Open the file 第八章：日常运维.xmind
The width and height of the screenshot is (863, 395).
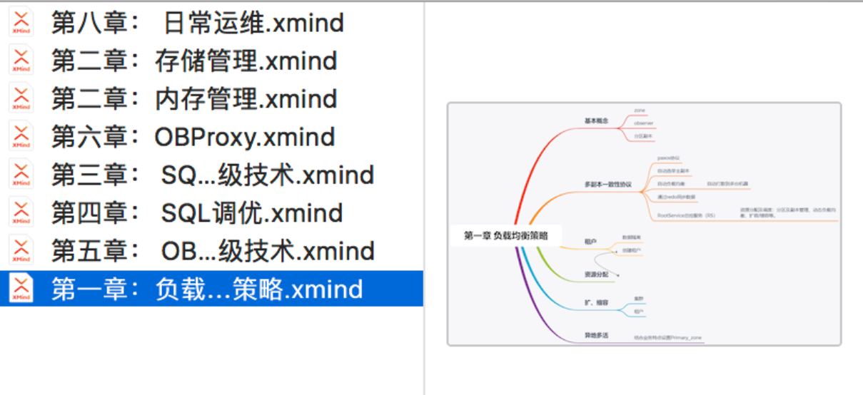coord(198,23)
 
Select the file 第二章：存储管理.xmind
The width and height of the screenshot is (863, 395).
coord(194,61)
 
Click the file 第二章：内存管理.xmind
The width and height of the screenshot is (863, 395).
coord(194,99)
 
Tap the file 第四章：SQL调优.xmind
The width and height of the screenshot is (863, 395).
coord(198,213)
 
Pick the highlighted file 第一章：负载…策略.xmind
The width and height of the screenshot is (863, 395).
coord(207,289)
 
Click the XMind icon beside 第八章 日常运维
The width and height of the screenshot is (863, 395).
coord(21,23)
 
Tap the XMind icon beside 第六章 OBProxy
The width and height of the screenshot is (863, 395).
coord(21,137)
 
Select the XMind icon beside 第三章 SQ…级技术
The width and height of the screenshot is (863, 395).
coord(21,175)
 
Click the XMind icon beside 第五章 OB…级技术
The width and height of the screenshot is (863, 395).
coord(21,251)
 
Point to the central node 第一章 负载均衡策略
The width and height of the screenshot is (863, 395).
coord(505,235)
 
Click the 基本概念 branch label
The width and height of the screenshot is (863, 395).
coord(596,121)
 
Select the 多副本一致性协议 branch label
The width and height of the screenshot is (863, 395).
coord(607,185)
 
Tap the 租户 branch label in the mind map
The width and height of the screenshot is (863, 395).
coord(590,242)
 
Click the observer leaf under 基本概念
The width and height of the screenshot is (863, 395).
coord(644,123)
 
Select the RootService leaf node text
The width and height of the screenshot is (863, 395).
coord(685,215)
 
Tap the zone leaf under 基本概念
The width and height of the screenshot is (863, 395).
coord(640,111)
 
